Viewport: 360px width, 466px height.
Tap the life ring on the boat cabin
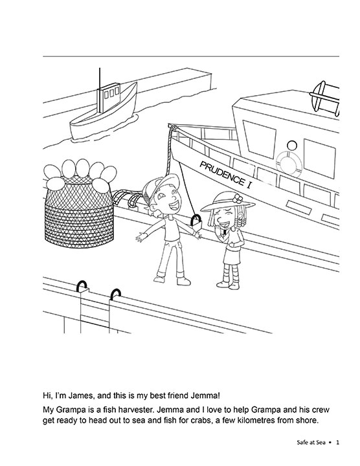(x=289, y=163)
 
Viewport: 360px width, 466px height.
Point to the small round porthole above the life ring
(x=292, y=146)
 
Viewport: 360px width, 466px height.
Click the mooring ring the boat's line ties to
(x=196, y=221)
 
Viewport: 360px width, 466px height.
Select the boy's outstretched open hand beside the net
(x=142, y=237)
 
